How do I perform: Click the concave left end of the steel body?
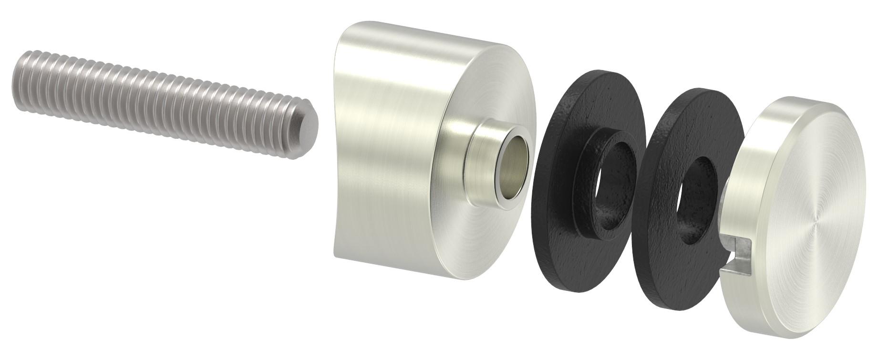click(341, 143)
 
